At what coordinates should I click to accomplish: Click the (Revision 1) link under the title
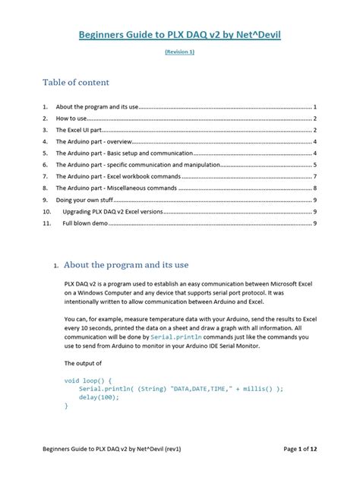179,52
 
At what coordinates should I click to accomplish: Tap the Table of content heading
76,82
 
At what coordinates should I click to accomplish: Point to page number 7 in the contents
314,176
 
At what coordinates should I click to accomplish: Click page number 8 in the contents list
314,188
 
